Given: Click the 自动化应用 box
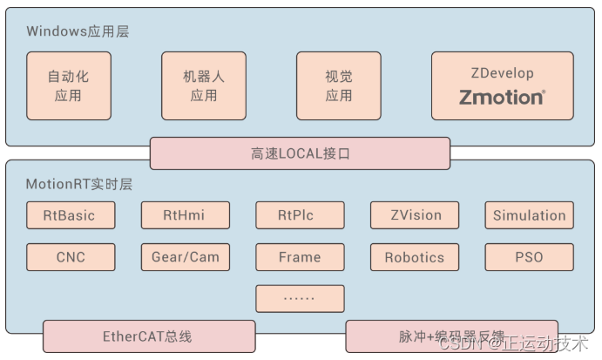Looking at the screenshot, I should click(68, 85).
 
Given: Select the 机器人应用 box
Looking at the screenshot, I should click(203, 85).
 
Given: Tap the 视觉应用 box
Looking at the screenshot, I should click(338, 85).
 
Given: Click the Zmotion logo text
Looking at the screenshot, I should click(502, 97).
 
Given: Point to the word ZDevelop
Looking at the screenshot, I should click(502, 73).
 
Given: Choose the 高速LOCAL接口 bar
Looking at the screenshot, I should click(300, 153).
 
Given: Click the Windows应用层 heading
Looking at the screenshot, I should click(78, 31).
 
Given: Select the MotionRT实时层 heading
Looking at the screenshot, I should click(78, 184).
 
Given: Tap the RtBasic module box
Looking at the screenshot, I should click(70, 215).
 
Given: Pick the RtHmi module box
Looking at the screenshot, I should click(185, 215).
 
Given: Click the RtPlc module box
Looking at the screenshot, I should click(300, 215).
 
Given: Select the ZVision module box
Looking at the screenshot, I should click(414, 215).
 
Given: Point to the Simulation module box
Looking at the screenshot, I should click(529, 215).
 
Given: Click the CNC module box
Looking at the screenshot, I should click(70, 257).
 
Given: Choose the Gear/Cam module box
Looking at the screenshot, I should click(185, 257).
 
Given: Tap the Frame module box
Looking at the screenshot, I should click(300, 257).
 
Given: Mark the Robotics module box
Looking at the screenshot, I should click(414, 257).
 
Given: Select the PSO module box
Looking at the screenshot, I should click(529, 257).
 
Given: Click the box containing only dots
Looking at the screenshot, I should click(300, 298).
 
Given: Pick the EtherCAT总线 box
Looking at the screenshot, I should click(149, 336).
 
